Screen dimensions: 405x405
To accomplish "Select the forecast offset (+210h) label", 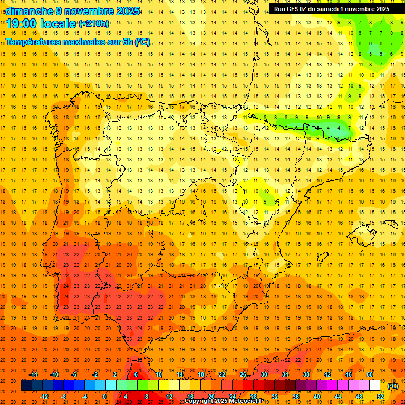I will point(93,24).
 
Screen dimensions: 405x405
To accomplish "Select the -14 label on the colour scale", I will point(34,374).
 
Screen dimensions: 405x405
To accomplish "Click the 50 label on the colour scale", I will point(370,374).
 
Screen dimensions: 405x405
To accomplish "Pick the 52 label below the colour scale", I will point(380,397).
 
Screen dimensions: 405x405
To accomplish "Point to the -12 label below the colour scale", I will point(44,397).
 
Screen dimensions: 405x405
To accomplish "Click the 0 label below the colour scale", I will point(104,397).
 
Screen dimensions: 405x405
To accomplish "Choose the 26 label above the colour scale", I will point(243,374).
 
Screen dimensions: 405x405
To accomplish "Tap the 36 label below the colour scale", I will point(296,397).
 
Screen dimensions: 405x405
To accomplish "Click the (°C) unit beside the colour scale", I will point(393,386).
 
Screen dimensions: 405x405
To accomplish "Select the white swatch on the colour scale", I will point(375,385).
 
